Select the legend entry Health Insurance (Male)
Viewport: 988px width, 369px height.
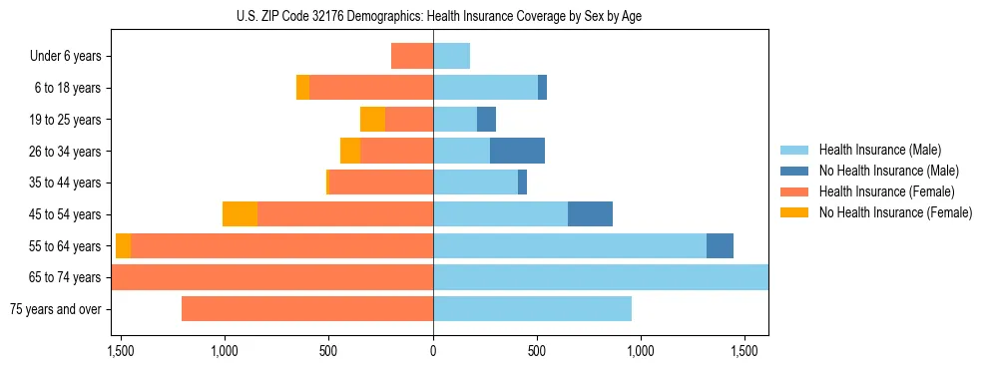click(878, 150)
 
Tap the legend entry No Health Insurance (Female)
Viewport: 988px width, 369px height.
click(895, 212)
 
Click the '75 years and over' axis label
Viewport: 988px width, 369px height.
click(56, 309)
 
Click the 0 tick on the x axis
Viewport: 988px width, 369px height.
click(433, 351)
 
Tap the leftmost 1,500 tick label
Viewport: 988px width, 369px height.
click(120, 351)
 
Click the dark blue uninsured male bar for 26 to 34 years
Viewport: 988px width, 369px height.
click(517, 151)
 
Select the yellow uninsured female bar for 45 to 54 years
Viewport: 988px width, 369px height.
click(240, 214)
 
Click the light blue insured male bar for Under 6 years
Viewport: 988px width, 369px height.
click(451, 56)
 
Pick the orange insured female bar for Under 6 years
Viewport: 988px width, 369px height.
click(412, 56)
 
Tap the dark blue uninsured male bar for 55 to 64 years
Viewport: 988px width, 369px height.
click(720, 245)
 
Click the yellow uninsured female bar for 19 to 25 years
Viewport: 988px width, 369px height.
click(372, 120)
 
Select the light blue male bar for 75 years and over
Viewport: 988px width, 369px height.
click(532, 309)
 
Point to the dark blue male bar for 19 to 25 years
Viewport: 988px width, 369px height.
click(486, 120)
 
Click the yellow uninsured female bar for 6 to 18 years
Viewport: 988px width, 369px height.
click(302, 88)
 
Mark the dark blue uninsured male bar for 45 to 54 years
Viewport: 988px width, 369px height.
click(590, 214)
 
